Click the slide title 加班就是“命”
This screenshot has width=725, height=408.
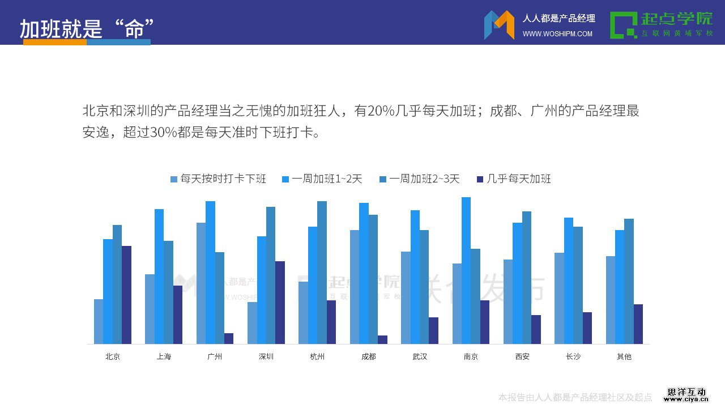87,28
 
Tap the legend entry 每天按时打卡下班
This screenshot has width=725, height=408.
218,179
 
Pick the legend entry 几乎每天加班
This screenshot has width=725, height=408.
514,179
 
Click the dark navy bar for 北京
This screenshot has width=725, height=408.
126,295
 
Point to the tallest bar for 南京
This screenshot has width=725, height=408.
466,270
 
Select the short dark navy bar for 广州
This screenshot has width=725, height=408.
229,338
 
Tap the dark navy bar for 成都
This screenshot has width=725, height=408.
383,339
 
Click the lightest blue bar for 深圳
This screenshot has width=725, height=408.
252,322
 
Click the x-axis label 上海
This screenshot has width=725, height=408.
164,356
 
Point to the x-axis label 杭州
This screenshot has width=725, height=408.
317,356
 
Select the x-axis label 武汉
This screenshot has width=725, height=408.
420,356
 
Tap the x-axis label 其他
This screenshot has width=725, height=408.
624,356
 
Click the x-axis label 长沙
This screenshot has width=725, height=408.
573,356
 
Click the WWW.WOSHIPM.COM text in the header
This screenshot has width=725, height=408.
557,34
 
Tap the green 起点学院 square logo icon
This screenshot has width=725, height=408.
623,25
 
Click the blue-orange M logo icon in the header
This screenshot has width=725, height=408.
499,25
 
